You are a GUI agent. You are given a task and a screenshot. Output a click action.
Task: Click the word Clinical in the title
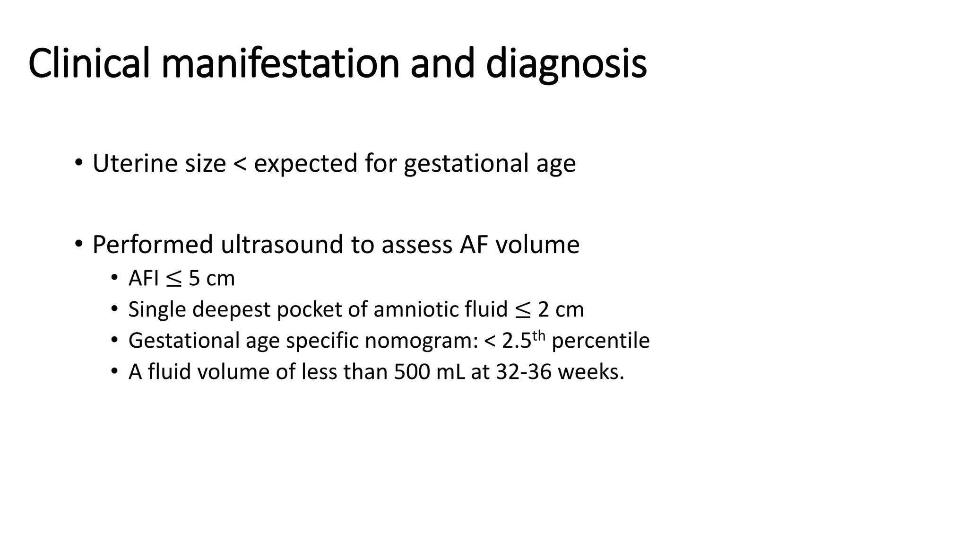coord(89,63)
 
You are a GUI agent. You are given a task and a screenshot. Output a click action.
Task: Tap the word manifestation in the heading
coord(280,63)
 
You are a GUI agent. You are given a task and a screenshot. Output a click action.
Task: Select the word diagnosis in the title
coord(566,63)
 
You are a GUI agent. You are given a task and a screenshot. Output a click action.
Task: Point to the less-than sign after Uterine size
coord(240,164)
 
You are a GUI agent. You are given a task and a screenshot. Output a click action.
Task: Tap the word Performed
coord(153,245)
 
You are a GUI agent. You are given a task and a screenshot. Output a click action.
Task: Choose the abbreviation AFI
coord(143,278)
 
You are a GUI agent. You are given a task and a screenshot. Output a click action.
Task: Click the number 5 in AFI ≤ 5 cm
coord(194,278)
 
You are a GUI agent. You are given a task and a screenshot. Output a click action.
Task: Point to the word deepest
coord(231,310)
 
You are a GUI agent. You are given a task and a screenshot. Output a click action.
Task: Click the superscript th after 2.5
coord(539,335)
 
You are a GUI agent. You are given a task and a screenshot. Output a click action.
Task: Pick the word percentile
coord(600,341)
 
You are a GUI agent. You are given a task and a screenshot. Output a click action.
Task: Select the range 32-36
coord(524,372)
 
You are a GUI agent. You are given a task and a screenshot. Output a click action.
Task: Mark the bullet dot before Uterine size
coord(79,163)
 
